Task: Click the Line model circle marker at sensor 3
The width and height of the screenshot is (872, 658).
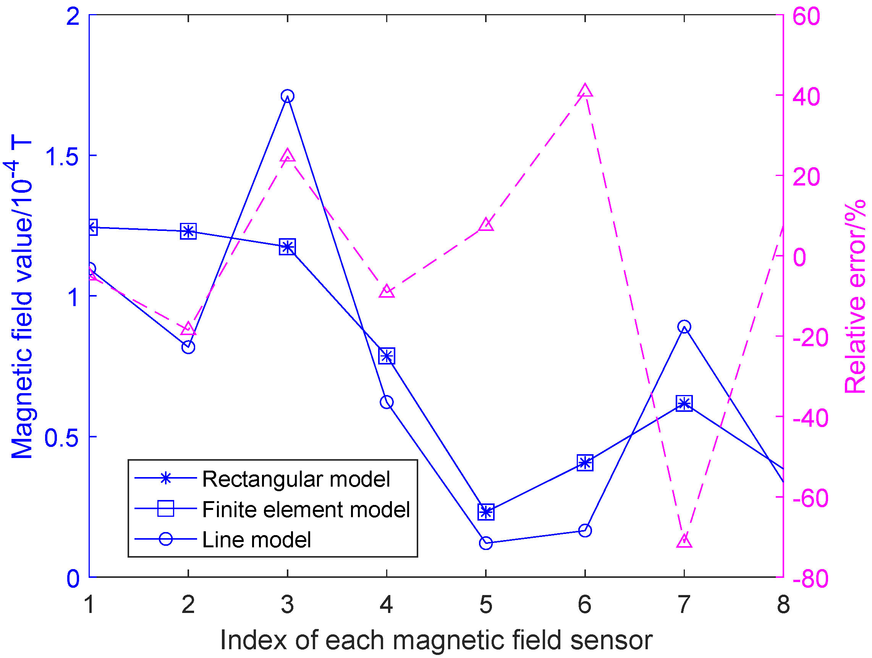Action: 287,96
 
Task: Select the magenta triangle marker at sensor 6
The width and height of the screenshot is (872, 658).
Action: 585,91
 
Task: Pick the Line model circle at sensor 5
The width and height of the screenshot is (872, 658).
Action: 486,543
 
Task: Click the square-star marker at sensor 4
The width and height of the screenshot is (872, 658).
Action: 387,356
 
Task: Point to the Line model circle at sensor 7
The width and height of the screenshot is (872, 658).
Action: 684,327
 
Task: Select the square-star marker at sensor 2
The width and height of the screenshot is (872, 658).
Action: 188,231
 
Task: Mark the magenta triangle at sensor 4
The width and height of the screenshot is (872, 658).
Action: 387,292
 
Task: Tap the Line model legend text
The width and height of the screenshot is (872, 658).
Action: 256,539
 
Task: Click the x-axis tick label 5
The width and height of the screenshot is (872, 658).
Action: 486,605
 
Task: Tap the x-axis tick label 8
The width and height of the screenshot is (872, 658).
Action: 783,605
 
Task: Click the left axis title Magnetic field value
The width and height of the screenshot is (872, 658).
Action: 22,300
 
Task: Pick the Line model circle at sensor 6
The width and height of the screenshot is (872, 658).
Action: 585,531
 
